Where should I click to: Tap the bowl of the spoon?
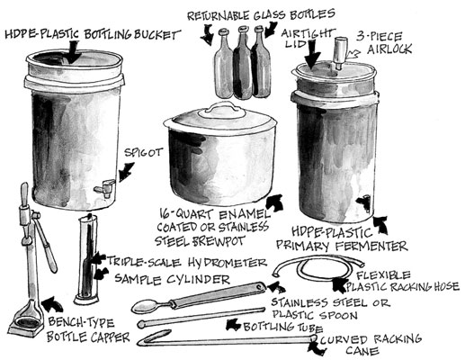[x=146, y=305]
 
